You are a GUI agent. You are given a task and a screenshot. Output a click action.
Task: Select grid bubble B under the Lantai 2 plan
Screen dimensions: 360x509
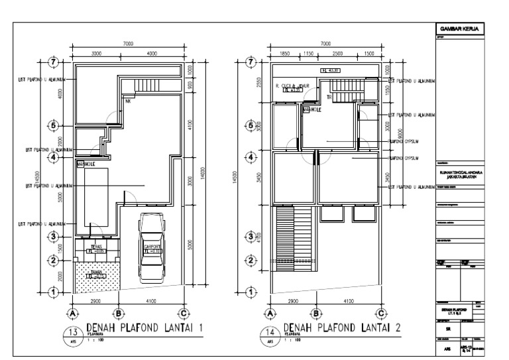click(x=316, y=313)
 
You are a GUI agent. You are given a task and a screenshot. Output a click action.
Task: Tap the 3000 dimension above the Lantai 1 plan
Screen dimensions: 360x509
click(x=97, y=53)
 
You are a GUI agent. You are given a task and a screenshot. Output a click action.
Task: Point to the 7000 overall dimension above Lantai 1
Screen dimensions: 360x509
click(x=128, y=44)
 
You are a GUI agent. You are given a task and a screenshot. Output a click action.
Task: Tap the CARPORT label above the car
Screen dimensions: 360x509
click(x=152, y=246)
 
